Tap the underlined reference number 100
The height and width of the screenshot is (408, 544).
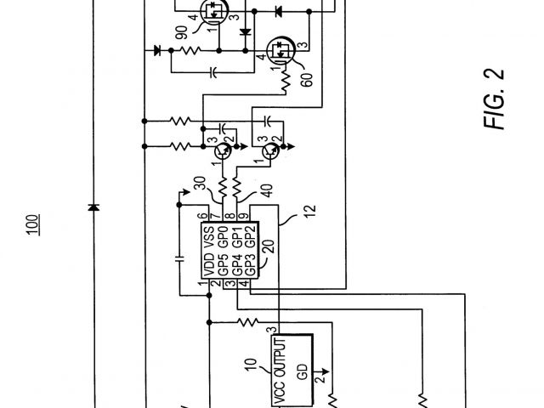(x=31, y=225)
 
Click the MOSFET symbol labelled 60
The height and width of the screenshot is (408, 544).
(x=280, y=51)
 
